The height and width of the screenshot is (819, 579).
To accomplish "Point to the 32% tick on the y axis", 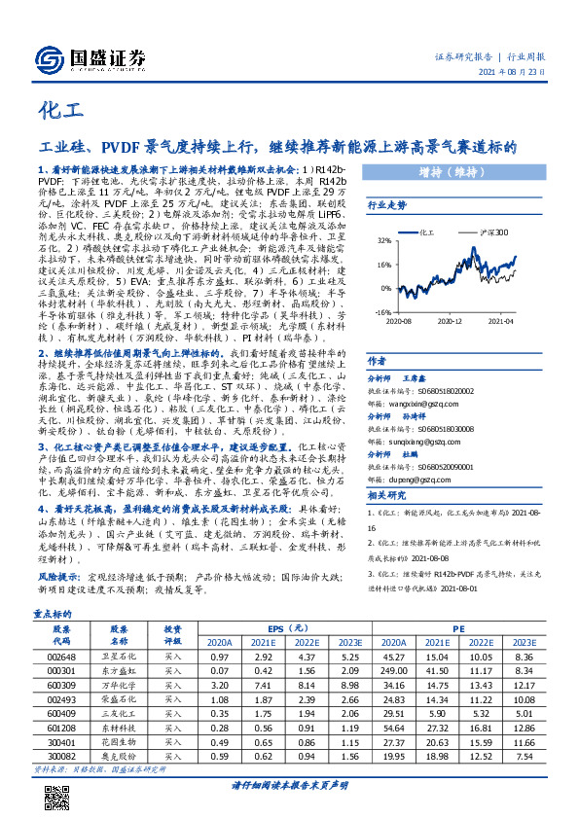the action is click(x=383, y=241).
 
